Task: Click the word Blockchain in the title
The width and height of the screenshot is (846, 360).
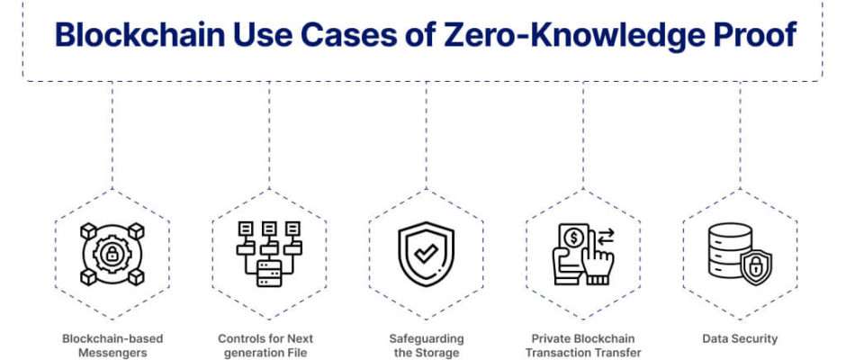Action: click(140, 35)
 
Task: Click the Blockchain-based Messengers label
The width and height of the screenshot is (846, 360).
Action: click(112, 346)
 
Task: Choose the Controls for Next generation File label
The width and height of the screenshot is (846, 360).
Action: click(265, 346)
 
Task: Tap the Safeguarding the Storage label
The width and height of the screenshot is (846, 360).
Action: click(427, 346)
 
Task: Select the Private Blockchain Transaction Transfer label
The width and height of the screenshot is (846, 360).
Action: click(583, 346)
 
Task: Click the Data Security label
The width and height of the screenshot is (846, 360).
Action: click(740, 339)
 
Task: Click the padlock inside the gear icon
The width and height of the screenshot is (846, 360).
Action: click(112, 254)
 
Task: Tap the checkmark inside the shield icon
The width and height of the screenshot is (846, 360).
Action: click(427, 254)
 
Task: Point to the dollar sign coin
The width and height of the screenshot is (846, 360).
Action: click(574, 238)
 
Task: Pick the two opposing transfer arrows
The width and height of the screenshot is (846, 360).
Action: click(606, 237)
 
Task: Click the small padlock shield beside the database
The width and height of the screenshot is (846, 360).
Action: click(756, 266)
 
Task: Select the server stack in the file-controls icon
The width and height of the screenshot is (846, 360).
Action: click(269, 273)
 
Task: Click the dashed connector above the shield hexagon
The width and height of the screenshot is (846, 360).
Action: click(427, 136)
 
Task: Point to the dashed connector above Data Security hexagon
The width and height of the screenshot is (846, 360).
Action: click(740, 136)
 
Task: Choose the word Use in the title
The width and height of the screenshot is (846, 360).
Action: click(264, 35)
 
